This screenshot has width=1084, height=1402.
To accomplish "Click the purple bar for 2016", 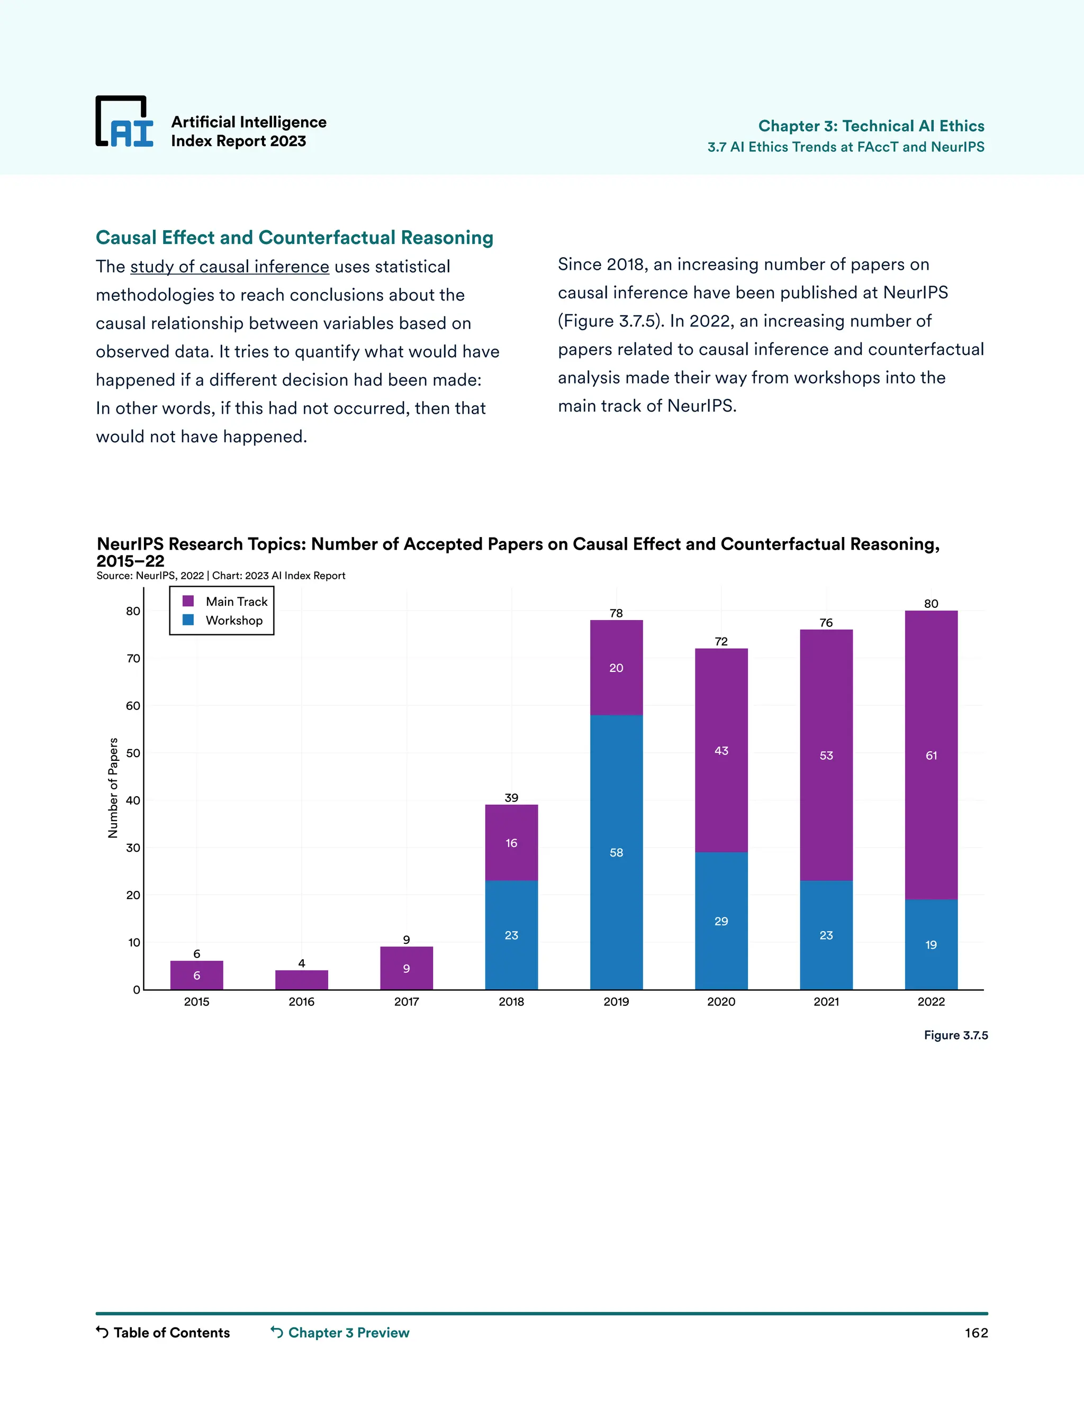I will tap(301, 980).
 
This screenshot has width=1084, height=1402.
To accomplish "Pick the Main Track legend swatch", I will tap(188, 601).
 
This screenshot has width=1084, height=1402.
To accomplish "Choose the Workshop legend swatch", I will tap(188, 620).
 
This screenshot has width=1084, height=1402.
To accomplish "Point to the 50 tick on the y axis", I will tap(133, 753).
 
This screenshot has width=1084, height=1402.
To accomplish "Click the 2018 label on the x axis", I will tap(511, 1002).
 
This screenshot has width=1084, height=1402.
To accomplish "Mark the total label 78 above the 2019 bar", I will tap(616, 613).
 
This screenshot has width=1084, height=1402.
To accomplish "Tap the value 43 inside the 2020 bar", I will tap(721, 750).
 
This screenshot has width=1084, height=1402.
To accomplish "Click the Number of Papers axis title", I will tap(113, 788).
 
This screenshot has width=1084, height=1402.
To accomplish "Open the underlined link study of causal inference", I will tap(229, 267).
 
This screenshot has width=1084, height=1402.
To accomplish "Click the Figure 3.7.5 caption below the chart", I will tap(955, 1035).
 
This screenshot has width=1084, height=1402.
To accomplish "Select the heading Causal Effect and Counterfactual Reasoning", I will tap(294, 238).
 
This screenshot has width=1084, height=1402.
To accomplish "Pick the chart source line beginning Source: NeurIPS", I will tap(220, 576).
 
